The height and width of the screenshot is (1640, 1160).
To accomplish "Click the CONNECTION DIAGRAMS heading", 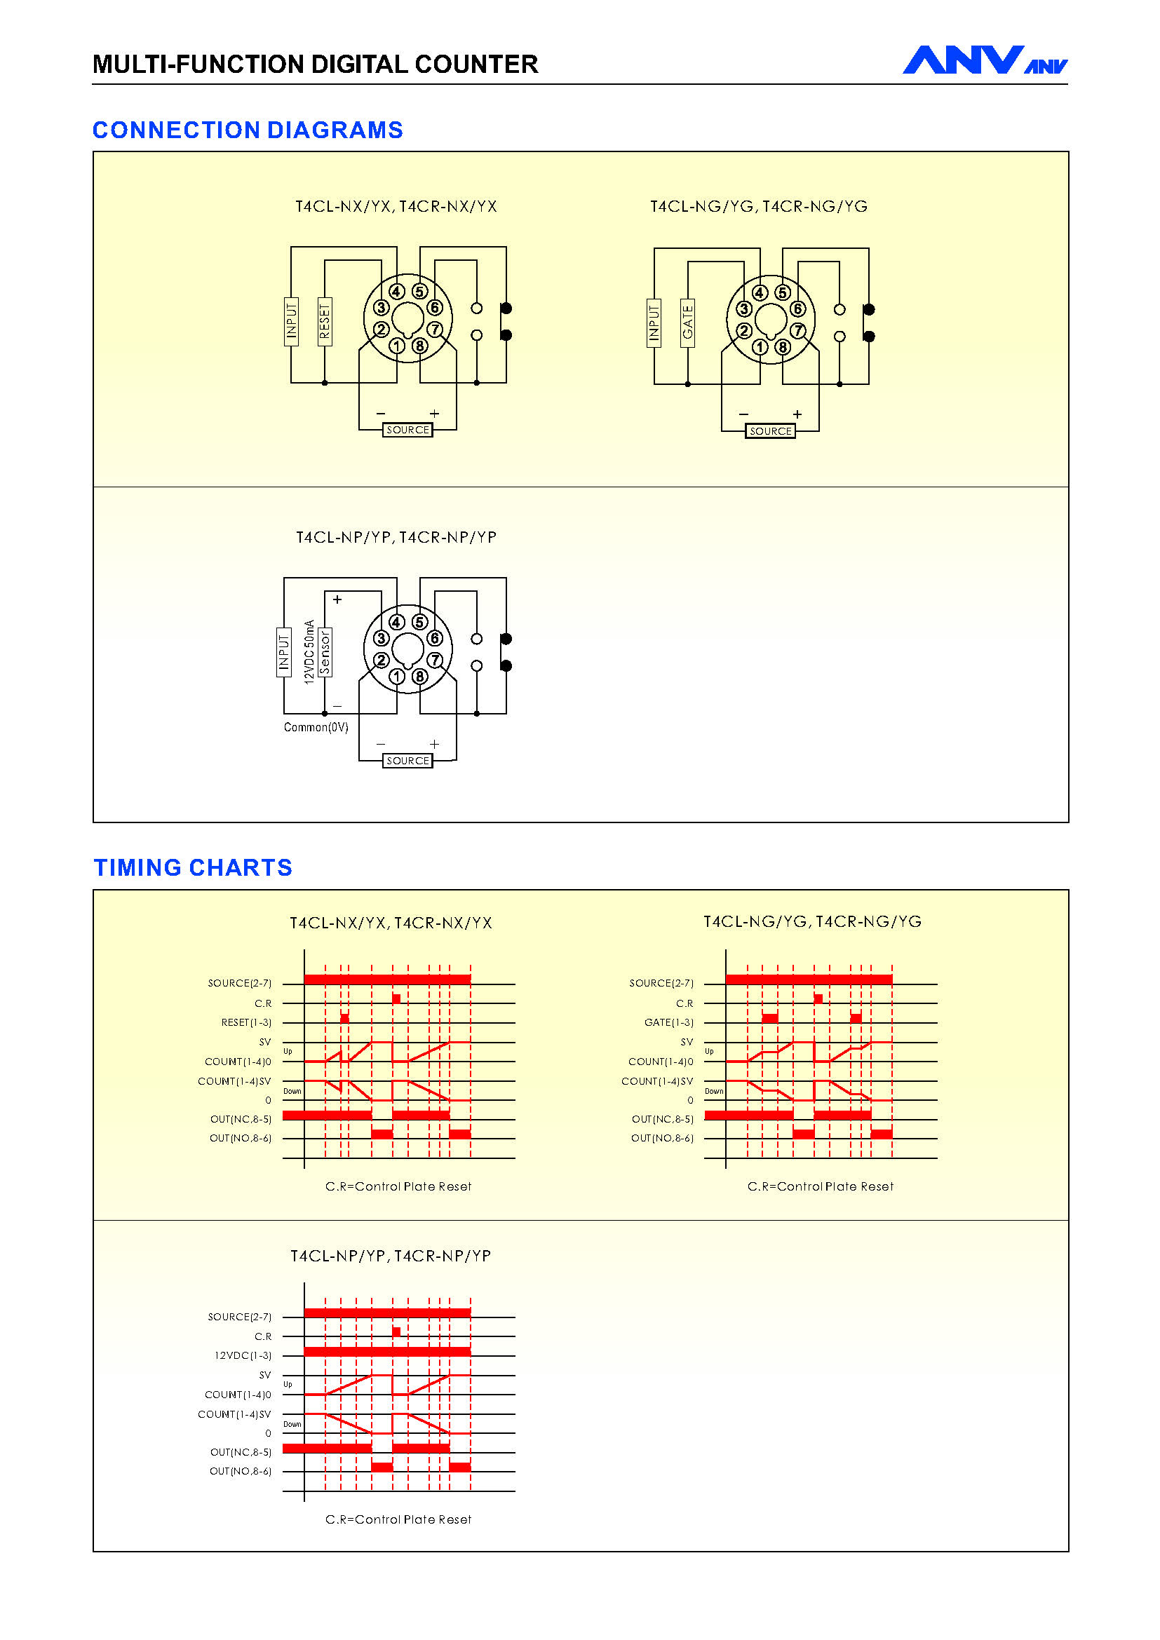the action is (x=248, y=130).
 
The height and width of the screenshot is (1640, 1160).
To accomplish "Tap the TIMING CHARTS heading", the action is (x=193, y=867).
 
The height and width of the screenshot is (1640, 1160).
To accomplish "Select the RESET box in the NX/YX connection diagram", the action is (x=325, y=321).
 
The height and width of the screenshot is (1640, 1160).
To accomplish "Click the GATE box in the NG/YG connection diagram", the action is (x=688, y=323).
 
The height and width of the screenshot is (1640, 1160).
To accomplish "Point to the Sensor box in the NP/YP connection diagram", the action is (x=325, y=652).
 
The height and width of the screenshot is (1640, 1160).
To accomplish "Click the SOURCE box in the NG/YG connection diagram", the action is (x=771, y=431).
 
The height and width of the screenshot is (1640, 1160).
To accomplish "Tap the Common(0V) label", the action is (x=316, y=727).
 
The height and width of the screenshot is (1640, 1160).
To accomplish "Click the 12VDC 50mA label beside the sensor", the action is (x=309, y=652).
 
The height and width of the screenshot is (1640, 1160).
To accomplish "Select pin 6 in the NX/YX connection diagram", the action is (x=435, y=308).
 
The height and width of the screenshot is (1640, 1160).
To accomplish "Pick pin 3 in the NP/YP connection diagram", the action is (x=382, y=639).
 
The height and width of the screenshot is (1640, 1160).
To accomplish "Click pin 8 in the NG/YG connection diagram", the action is (x=783, y=348).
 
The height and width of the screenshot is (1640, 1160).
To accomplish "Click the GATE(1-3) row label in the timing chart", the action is (x=668, y=1023).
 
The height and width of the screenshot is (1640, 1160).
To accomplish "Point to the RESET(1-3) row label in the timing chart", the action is (x=246, y=1023).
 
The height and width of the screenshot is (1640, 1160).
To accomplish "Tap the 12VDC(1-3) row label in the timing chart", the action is (x=243, y=1356).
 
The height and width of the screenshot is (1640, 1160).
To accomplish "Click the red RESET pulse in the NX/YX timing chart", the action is (x=345, y=1018).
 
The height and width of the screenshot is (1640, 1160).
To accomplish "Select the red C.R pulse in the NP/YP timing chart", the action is (x=396, y=1332).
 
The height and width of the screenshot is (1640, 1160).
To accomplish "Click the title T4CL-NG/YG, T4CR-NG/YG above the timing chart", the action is (x=813, y=922).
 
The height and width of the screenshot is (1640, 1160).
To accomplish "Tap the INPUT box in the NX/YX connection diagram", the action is (x=292, y=321).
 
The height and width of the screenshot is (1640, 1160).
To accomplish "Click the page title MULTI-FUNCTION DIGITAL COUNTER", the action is (x=315, y=65).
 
